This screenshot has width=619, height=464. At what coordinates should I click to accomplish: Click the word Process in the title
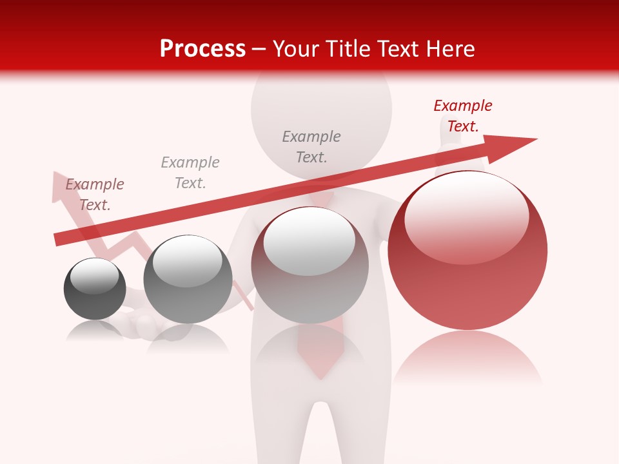click(x=202, y=49)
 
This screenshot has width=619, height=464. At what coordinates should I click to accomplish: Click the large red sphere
click(x=467, y=271)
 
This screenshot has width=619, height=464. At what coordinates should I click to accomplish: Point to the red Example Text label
click(x=462, y=116)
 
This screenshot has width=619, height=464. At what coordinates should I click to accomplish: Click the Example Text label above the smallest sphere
click(x=95, y=195)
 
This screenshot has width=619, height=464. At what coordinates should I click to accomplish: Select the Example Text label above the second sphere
click(x=190, y=173)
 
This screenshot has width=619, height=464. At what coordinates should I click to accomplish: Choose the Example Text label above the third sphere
click(x=311, y=147)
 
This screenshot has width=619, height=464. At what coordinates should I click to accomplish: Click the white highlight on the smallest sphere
click(x=94, y=276)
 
